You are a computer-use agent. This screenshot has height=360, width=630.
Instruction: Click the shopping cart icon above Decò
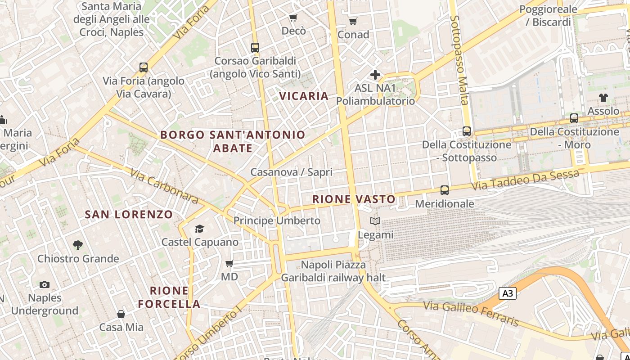tap(293, 18)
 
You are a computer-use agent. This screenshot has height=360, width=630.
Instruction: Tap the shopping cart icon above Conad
tap(353, 21)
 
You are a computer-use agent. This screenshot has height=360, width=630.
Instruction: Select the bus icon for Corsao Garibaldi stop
tap(255, 47)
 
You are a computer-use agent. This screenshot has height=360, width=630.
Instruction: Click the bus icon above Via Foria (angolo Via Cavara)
tap(144, 67)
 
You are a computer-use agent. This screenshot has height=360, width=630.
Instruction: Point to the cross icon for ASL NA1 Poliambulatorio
tap(375, 74)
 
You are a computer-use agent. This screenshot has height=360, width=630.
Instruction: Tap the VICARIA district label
tap(304, 96)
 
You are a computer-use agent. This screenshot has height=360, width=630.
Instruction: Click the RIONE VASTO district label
tap(354, 199)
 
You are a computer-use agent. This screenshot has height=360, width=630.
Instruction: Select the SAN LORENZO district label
tap(129, 215)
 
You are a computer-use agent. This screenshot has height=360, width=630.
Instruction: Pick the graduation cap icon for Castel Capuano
tap(199, 229)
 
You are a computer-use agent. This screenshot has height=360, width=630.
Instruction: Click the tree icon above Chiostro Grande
tap(78, 245)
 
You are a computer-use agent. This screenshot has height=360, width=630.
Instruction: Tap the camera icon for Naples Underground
tap(44, 284)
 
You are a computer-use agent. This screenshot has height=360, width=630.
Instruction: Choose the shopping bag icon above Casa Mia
tap(121, 314)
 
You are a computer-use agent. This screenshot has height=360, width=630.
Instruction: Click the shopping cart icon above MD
tap(229, 263)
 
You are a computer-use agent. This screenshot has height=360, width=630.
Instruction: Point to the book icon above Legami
tap(375, 221)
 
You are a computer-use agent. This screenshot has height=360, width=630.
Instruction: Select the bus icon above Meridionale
tap(445, 190)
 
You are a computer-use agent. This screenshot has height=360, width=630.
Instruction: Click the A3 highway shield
tap(508, 294)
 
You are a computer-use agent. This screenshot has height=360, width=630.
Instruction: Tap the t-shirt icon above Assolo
tap(603, 98)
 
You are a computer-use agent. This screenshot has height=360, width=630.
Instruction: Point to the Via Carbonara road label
tap(165, 186)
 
